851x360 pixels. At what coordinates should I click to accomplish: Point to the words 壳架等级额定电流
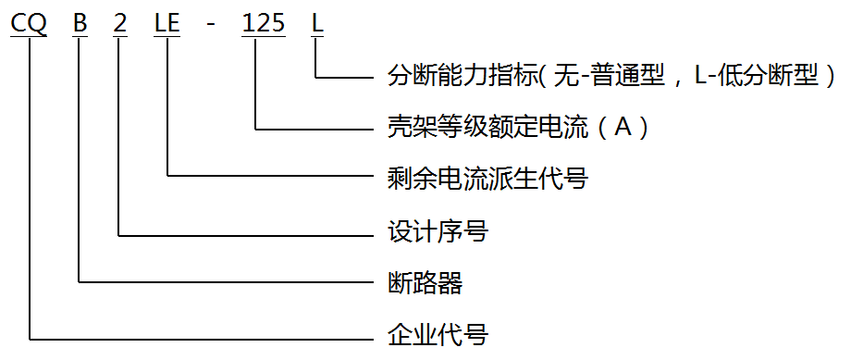pos(487,127)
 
